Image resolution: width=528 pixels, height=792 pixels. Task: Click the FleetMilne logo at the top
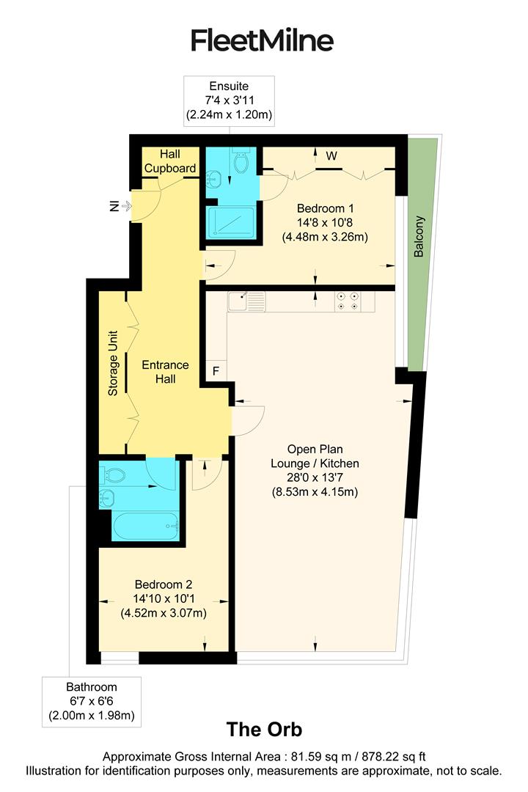coord(262,40)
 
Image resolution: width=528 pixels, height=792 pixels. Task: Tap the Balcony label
coord(419,236)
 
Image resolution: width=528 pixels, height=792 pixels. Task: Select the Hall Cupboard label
coord(169,161)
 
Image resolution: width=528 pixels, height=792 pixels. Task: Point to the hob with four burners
coord(347,301)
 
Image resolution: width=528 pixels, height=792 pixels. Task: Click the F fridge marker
coord(216,371)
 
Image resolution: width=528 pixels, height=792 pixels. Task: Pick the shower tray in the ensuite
coord(230,221)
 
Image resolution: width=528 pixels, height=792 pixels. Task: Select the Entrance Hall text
coord(165,372)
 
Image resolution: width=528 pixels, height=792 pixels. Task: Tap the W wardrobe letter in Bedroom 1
coord(331,155)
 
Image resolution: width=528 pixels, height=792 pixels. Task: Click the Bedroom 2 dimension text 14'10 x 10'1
coord(163,599)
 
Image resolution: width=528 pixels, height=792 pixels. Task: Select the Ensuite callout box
coord(229,100)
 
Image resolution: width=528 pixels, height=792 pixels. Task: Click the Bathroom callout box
coord(92,701)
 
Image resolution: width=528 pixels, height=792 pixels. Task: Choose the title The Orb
coord(264,730)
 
